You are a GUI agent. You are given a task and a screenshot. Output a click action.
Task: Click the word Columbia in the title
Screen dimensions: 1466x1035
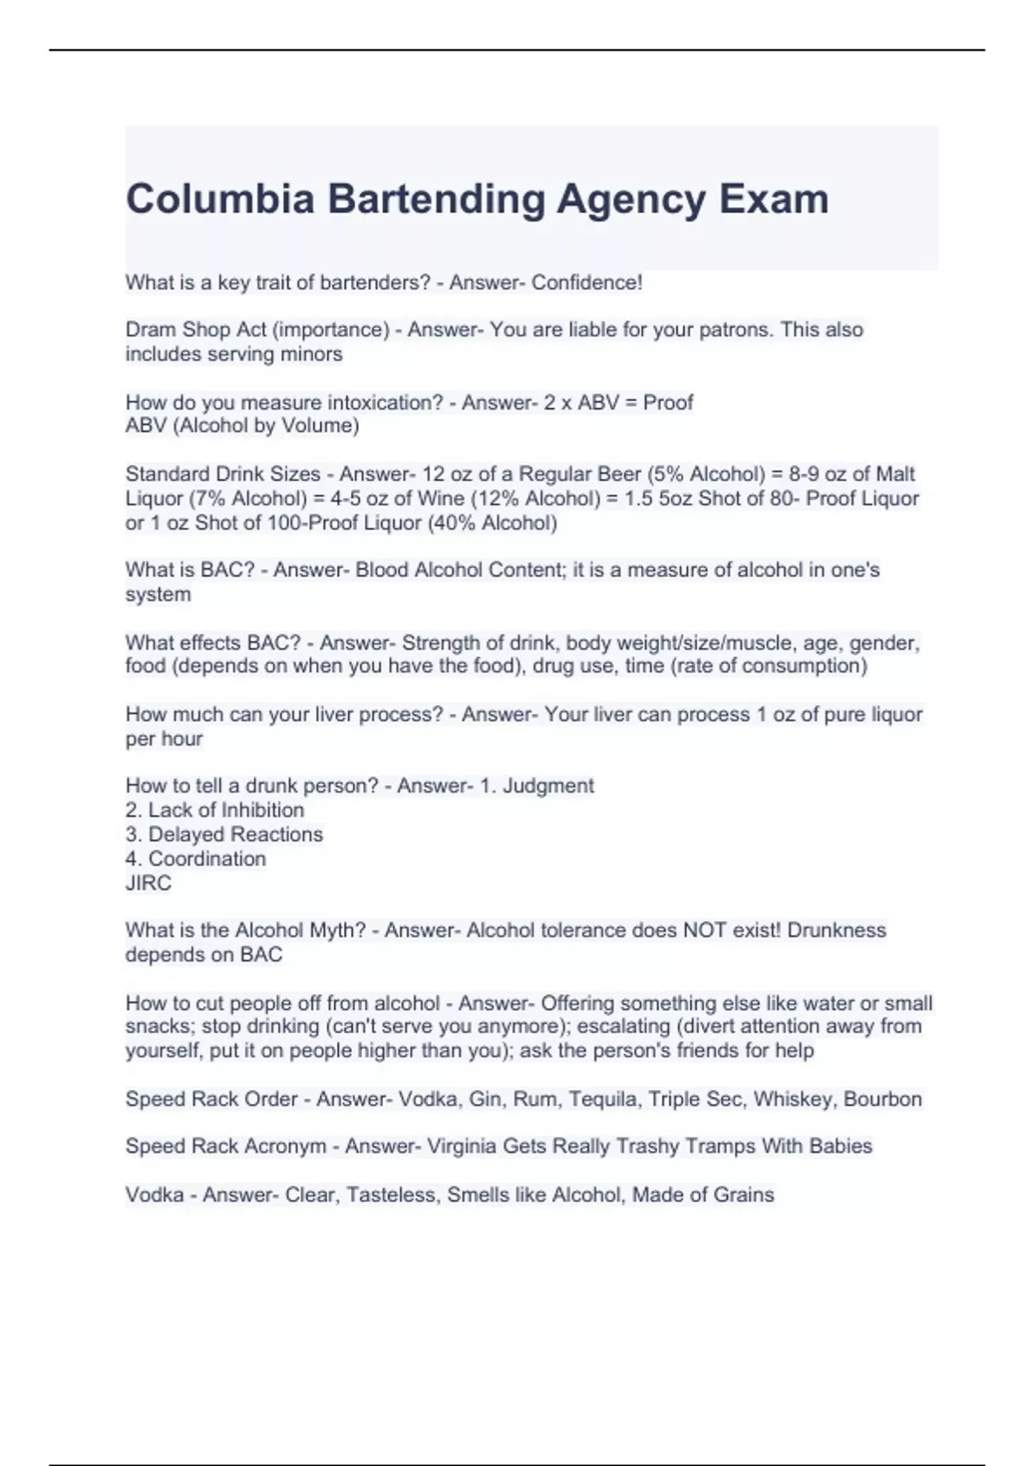click(x=220, y=199)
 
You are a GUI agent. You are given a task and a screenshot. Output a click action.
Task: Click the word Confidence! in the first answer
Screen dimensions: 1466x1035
click(x=586, y=283)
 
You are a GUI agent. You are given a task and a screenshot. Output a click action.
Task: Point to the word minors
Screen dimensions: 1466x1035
click(x=313, y=354)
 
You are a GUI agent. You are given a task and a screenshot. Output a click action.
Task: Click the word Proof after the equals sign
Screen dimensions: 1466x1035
click(x=668, y=403)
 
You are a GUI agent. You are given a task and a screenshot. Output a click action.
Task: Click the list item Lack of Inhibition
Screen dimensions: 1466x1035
click(x=226, y=811)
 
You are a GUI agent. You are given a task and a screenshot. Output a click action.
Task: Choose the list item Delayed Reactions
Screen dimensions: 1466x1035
click(x=235, y=835)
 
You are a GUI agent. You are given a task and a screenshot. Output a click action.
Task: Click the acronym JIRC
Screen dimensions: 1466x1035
click(x=148, y=883)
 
